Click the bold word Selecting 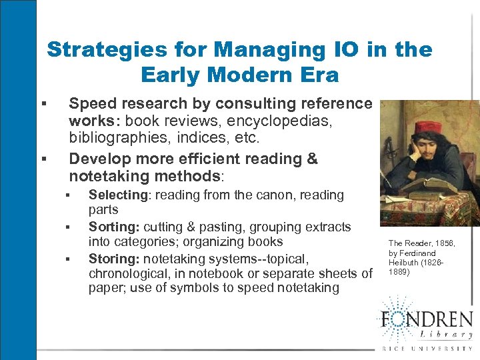point(118,195)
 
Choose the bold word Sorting point(113,227)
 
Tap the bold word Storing point(113,258)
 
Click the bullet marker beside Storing point(69,259)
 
